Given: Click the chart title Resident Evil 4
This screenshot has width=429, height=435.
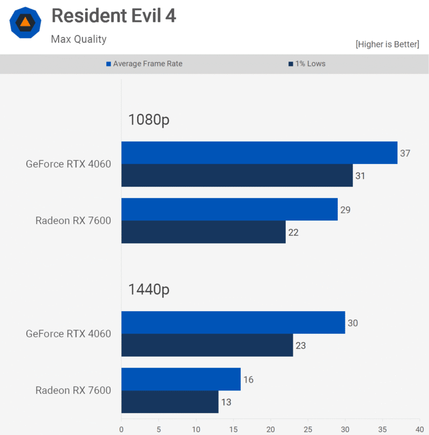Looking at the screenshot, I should click(114, 17).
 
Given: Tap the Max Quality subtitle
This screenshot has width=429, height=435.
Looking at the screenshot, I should click(79, 39).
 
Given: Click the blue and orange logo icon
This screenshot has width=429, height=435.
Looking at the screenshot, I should click(25, 22).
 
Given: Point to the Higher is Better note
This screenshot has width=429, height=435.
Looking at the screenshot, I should click(387, 44).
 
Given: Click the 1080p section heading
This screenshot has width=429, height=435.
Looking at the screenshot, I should click(149, 120).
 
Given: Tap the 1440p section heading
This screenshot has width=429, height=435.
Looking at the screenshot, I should click(149, 290).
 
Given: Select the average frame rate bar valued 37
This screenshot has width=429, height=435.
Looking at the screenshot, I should click(259, 153).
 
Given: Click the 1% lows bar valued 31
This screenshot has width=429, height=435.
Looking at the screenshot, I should click(237, 175).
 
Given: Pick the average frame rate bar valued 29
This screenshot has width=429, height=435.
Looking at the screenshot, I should click(230, 209).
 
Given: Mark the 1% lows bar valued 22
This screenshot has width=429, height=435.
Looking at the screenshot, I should click(203, 232).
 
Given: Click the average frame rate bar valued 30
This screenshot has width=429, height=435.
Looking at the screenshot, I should click(233, 322).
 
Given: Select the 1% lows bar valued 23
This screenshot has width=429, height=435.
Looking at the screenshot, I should click(207, 345).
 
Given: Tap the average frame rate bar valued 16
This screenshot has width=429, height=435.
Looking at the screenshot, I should click(181, 379).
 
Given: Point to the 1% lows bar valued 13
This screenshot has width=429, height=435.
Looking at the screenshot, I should click(170, 402).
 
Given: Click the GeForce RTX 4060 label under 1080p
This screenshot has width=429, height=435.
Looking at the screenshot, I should click(68, 164).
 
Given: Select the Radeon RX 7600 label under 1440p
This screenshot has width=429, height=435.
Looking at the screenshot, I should click(73, 390).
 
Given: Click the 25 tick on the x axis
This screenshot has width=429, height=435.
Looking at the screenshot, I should click(308, 429).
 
